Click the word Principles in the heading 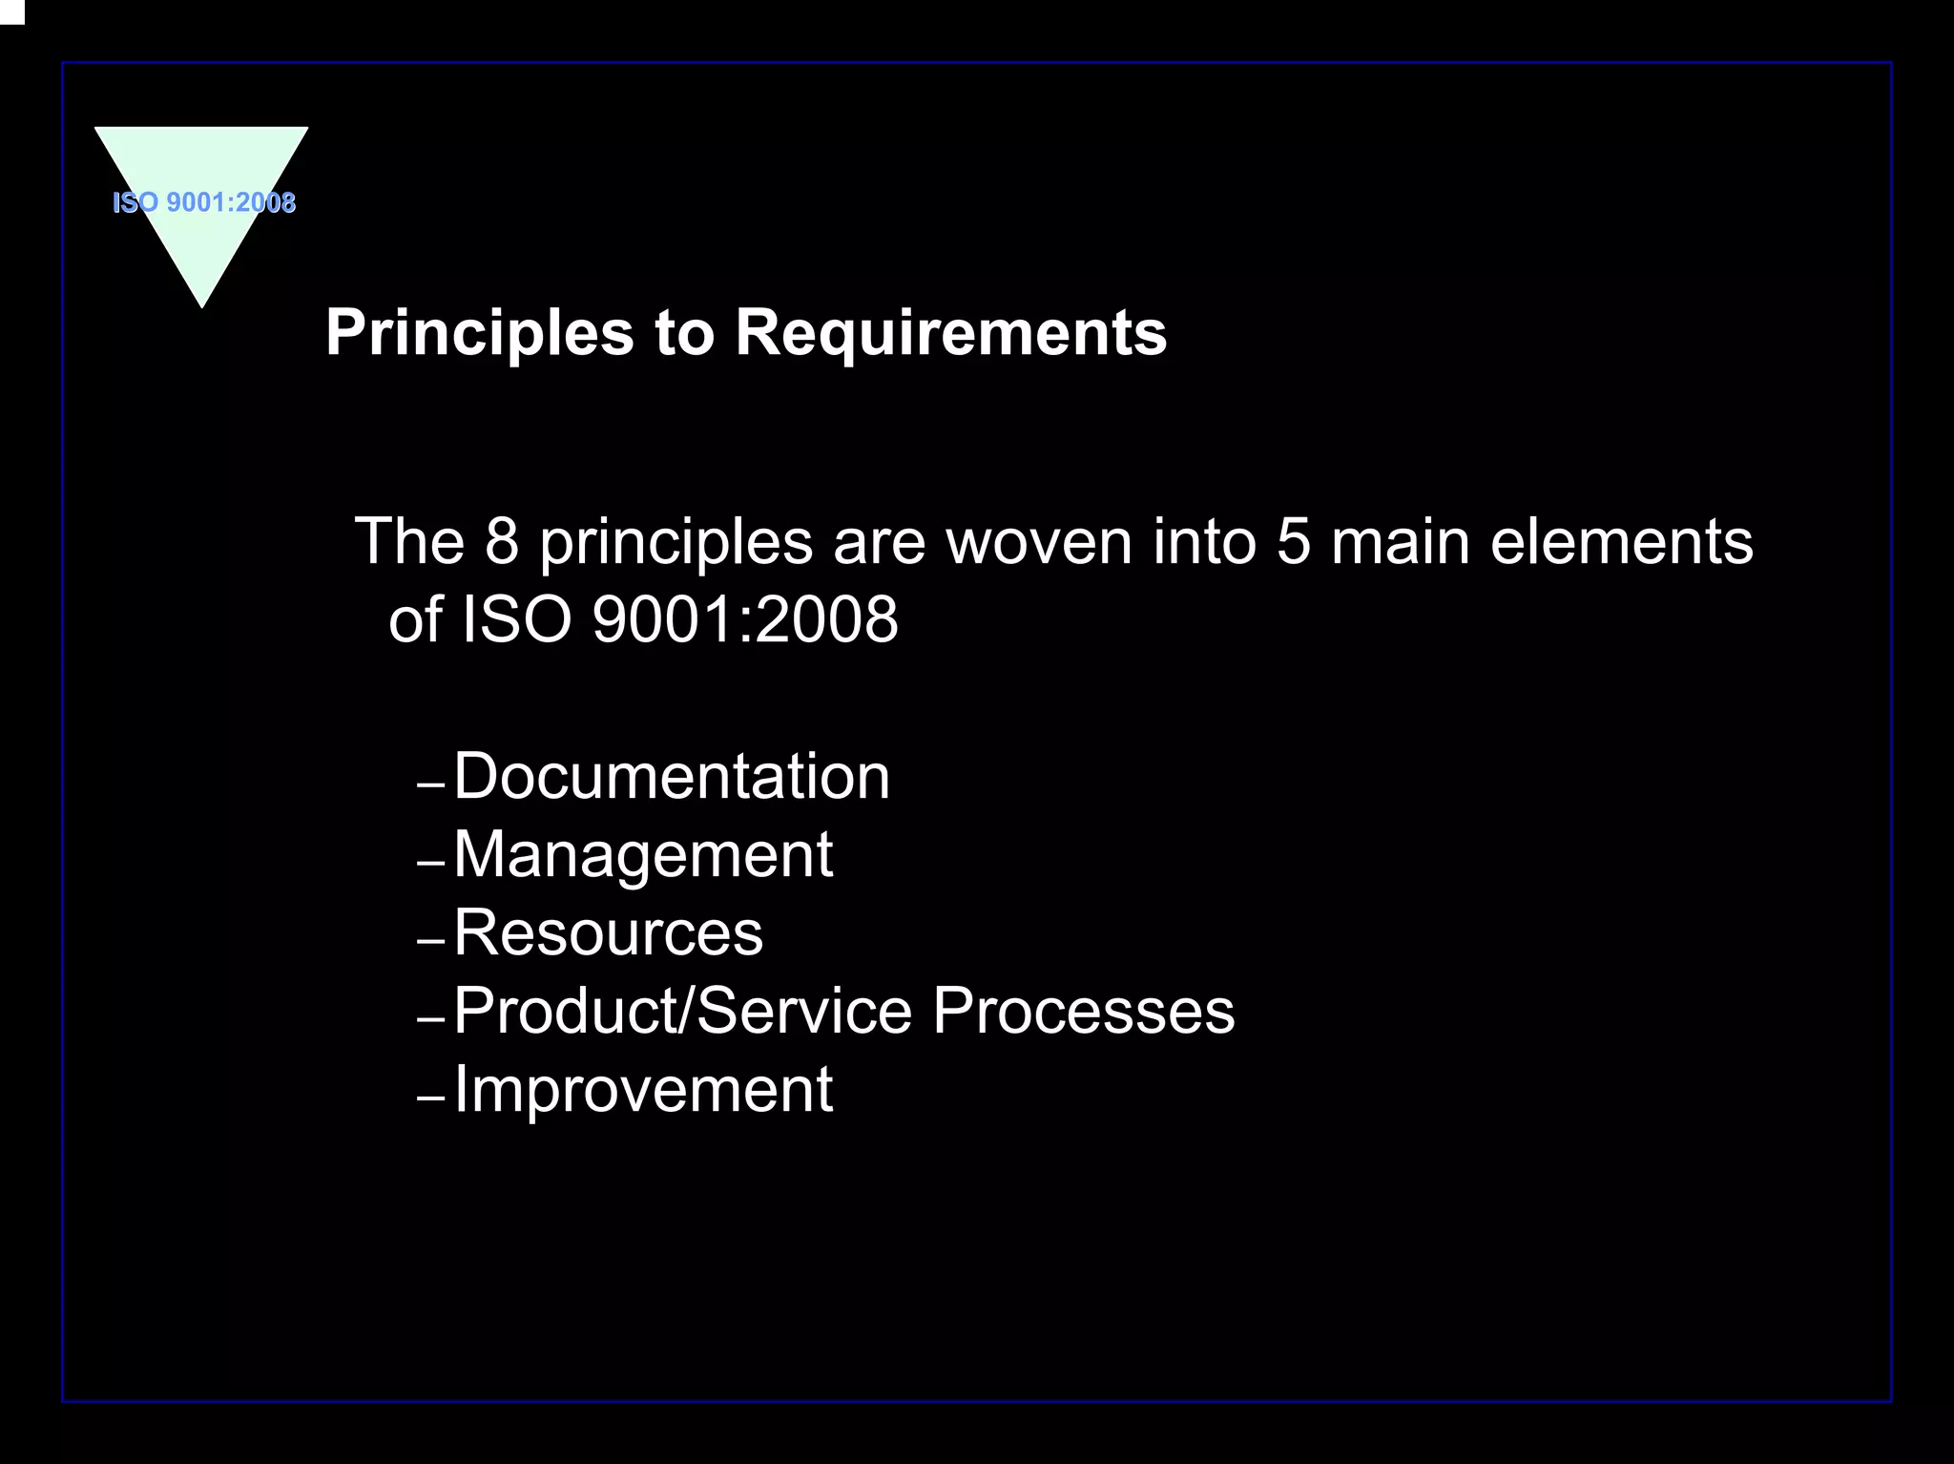click(479, 333)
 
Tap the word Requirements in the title click(950, 333)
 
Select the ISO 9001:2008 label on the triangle click(204, 202)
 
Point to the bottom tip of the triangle click(202, 303)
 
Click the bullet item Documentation click(672, 776)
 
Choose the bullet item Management click(643, 854)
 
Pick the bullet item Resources click(608, 932)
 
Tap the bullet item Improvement click(643, 1089)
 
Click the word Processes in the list click(1083, 1011)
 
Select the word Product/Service click(683, 1011)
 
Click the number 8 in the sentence click(502, 541)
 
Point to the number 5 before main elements click(1293, 541)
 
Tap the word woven click(1038, 541)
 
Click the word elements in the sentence click(1621, 541)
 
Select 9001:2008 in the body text click(745, 619)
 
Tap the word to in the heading click(684, 333)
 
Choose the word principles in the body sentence click(676, 541)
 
